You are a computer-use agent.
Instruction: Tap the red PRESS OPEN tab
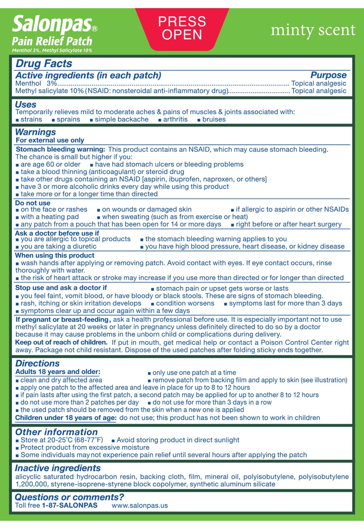182,28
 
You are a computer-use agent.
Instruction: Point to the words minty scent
313,30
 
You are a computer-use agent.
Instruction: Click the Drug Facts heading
44,63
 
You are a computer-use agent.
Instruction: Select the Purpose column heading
328,75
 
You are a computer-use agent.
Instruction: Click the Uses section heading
26,104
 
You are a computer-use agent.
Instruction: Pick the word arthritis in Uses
175,119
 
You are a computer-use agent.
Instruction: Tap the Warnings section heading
35,132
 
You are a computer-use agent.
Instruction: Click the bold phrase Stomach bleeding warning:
60,149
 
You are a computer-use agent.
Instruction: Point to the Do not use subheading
33,203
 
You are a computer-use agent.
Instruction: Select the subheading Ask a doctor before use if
57,233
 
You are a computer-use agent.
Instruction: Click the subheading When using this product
55,255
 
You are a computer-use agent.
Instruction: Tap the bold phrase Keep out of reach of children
61,342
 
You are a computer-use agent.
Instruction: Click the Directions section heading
37,363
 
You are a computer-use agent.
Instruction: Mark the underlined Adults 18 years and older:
58,372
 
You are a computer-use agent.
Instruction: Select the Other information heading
56,432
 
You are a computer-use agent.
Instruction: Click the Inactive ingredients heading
58,468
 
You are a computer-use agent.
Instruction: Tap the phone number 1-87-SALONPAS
70,505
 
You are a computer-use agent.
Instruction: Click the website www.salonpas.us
140,505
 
